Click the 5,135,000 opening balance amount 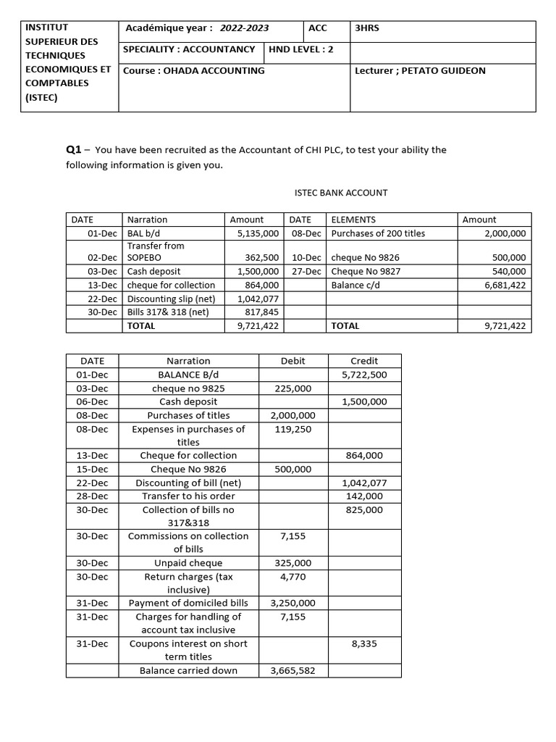[x=258, y=233]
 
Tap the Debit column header [x=293, y=361]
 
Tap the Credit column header [x=364, y=361]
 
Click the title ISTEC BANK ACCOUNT [x=340, y=193]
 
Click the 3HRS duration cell [x=367, y=28]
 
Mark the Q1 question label [x=73, y=150]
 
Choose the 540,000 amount [x=510, y=272]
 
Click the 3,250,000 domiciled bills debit [x=292, y=603]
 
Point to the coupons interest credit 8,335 [x=364, y=643]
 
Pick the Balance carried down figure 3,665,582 [x=292, y=670]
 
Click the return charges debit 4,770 [x=292, y=577]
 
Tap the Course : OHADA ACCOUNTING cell [x=194, y=71]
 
